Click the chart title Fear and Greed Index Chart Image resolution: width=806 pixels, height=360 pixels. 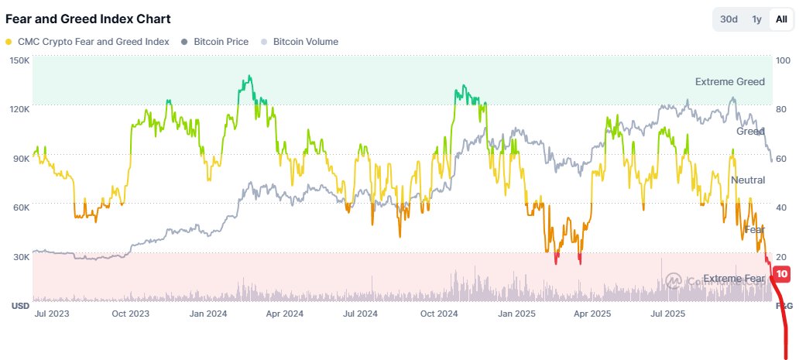pos(88,19)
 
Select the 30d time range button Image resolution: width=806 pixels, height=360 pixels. pos(729,19)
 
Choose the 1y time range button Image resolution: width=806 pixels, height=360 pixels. pos(756,19)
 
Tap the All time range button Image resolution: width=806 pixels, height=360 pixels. pos(781,19)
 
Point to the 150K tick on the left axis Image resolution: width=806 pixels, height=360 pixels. pos(19,60)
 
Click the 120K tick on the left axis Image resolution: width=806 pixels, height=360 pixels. pos(19,109)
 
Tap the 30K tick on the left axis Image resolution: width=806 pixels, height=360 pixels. pos(19,257)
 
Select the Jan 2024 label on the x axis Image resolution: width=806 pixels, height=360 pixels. pos(208,314)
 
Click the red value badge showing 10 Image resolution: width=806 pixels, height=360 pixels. pos(781,274)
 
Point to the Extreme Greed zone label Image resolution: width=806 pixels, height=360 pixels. pos(729,81)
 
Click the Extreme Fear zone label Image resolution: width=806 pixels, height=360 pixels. pos(733,278)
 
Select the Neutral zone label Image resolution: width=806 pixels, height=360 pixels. pos(747,180)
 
